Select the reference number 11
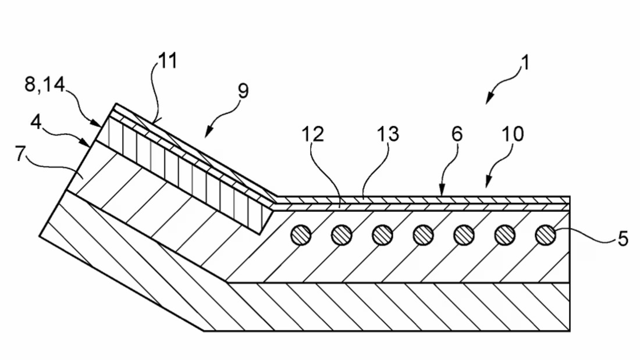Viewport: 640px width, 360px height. pyautogui.click(x=168, y=60)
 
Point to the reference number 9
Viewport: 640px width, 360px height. pyautogui.click(x=241, y=91)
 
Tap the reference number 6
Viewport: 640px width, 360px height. pyautogui.click(x=457, y=134)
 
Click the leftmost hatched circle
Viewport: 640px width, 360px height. pyautogui.click(x=301, y=235)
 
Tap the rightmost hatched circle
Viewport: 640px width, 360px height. pyautogui.click(x=545, y=235)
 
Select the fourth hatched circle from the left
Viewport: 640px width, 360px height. pyautogui.click(x=423, y=235)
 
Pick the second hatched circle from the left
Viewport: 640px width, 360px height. pyautogui.click(x=342, y=235)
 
